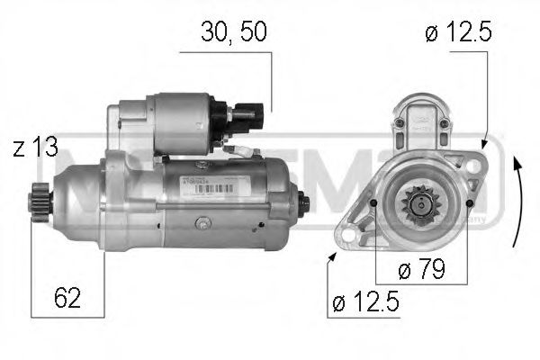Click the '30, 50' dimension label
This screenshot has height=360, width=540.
coord(234,32)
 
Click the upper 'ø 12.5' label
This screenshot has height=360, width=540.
coord(459,33)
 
